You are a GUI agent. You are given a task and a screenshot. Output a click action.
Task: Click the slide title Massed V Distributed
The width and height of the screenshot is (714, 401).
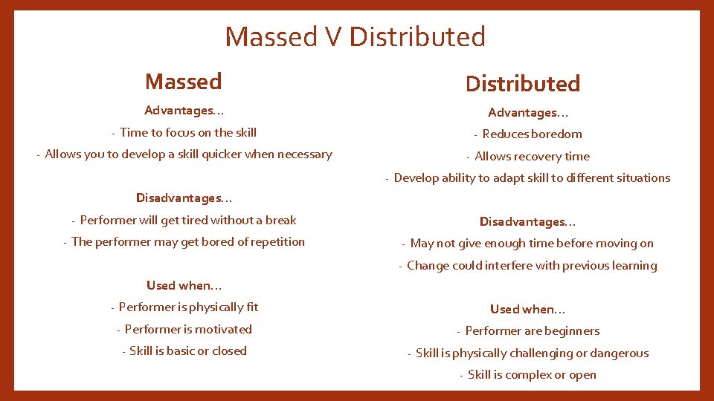[355, 36]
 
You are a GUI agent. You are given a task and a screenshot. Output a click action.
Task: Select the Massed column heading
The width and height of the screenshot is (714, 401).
[183, 81]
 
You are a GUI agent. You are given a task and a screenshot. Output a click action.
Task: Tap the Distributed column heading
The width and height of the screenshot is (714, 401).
[522, 84]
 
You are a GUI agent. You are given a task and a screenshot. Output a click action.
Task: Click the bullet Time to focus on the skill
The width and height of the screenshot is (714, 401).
[187, 133]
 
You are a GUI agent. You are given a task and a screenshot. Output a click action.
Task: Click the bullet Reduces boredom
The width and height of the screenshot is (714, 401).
[532, 134]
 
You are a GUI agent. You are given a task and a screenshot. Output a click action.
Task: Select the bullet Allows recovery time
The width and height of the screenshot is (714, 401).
[532, 157]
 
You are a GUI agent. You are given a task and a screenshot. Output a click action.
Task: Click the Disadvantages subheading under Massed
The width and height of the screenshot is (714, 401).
[184, 198]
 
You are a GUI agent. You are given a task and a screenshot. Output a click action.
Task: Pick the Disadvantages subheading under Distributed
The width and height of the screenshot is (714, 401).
[527, 222]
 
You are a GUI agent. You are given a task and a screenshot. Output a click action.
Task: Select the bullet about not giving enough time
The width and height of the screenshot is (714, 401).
[532, 244]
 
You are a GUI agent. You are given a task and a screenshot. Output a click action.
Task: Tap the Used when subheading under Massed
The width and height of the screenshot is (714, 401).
[184, 286]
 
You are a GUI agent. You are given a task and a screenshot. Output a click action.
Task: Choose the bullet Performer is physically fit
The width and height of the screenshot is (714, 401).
[188, 307]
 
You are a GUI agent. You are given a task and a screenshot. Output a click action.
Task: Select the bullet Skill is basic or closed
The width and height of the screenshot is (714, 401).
[187, 351]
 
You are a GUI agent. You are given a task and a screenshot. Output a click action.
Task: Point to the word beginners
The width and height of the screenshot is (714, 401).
[570, 331]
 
